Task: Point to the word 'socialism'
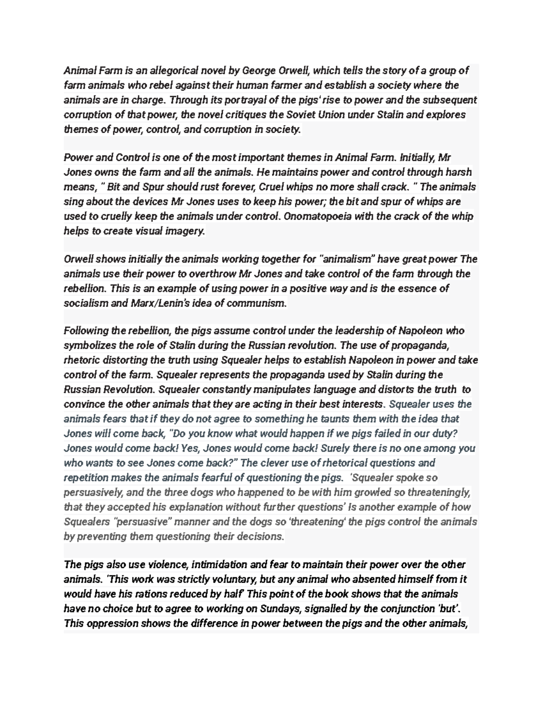click(x=86, y=303)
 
